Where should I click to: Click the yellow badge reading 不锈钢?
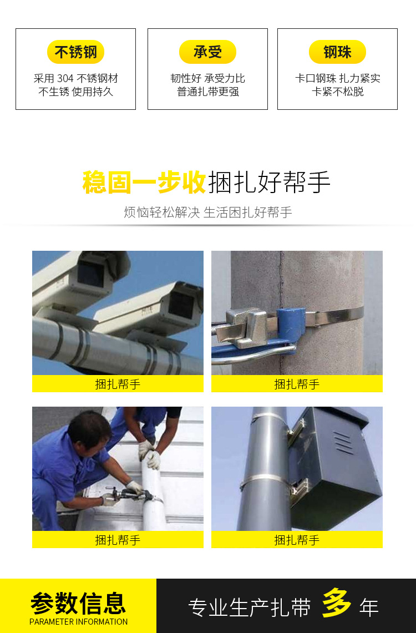pos(75,52)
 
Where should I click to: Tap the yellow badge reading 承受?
pos(207,52)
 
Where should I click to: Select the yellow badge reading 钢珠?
pos(337,52)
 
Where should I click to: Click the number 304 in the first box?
pos(65,78)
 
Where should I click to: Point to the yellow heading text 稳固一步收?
pos(144,183)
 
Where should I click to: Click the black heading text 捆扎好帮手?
pos(269,183)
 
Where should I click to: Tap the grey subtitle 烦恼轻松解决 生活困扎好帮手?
pos(208,212)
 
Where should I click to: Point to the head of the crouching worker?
pos(89,431)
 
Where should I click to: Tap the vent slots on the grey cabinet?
pos(343,443)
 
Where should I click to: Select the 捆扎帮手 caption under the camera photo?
pos(118,384)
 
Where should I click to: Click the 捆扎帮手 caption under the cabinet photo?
pos(297,540)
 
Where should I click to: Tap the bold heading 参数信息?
pos(78,603)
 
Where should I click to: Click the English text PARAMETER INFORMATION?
pos(79,622)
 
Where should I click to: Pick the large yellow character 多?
pos(336,603)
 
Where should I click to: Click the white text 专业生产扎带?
pos(250,607)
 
